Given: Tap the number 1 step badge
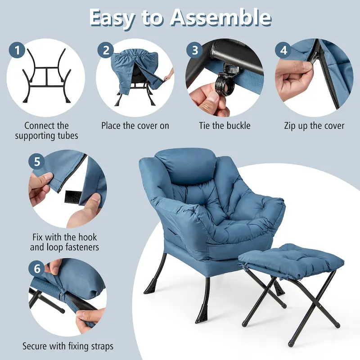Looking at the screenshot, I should [17, 51].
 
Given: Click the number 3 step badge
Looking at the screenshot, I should [194, 50].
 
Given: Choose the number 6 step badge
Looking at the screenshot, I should [37, 269].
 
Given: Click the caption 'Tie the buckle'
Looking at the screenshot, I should [225, 126].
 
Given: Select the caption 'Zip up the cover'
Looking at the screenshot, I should [314, 126].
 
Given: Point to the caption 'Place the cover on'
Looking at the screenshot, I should [135, 126].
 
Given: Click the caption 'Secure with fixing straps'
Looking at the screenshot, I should [68, 346].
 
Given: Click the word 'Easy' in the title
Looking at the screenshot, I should [112, 18].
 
